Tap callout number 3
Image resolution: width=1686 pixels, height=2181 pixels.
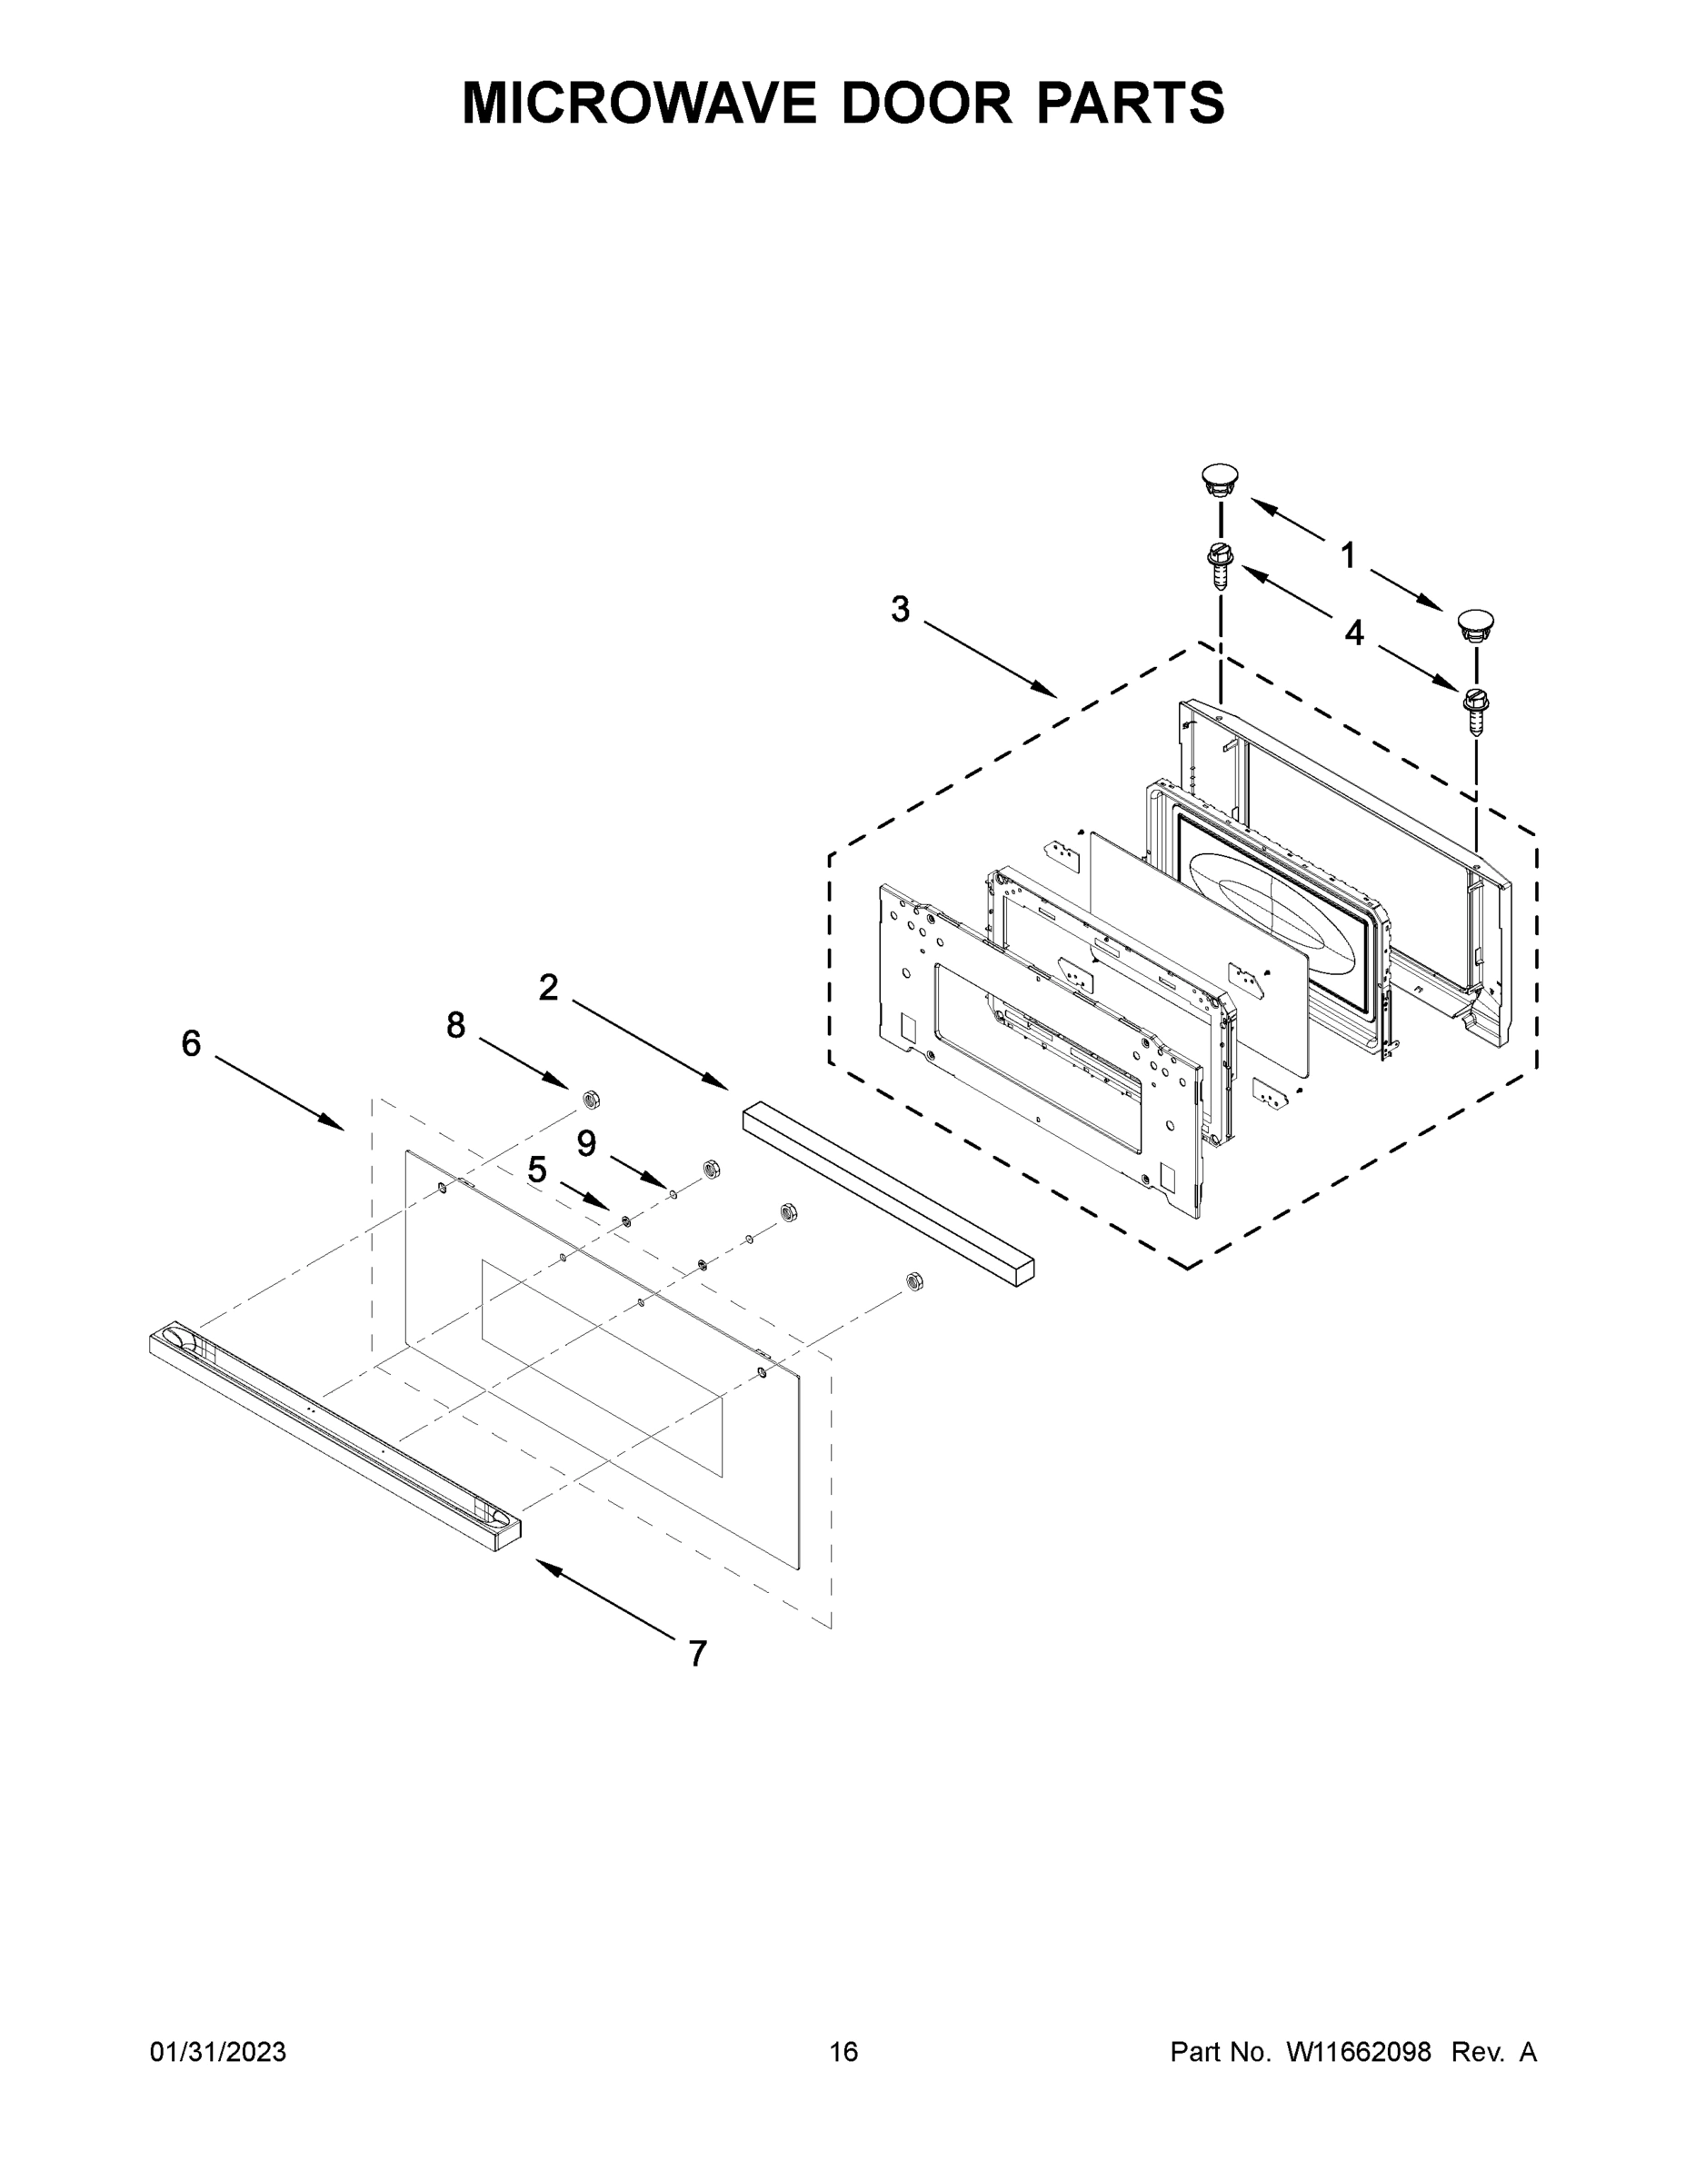coord(900,609)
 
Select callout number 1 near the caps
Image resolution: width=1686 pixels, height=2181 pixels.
coord(1347,554)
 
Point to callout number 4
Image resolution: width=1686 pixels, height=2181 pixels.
coord(1353,632)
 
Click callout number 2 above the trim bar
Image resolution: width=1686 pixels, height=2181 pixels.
coord(548,988)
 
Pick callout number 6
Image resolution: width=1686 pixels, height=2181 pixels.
coord(191,1043)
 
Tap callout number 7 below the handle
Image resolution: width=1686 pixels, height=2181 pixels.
coord(698,1654)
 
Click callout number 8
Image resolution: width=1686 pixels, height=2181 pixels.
coord(455,1024)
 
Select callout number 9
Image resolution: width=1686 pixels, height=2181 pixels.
coord(586,1143)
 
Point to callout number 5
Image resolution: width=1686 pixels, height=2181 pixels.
coord(537,1170)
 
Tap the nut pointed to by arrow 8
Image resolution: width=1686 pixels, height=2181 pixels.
coord(590,1100)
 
